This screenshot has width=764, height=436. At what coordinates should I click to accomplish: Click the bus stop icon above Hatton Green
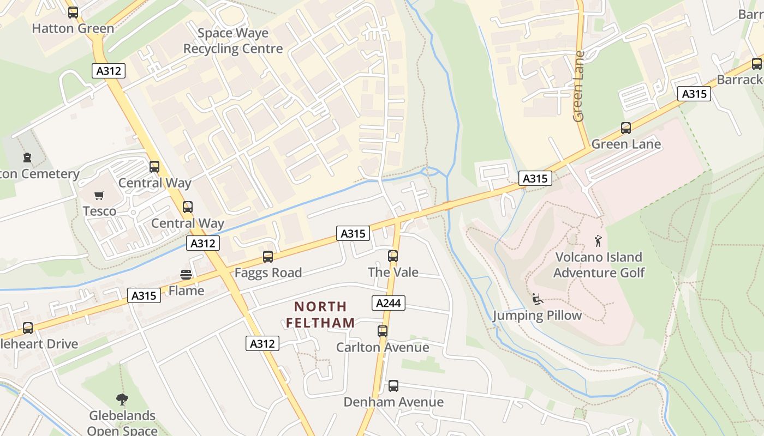point(73,13)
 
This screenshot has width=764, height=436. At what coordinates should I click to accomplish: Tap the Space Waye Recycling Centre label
point(233,41)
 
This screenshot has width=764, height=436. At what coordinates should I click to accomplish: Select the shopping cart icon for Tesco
point(99,196)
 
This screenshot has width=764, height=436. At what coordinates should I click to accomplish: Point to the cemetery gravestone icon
point(27,159)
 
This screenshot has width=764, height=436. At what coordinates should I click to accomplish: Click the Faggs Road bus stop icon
point(267,257)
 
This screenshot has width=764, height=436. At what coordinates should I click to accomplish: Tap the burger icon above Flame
point(186,275)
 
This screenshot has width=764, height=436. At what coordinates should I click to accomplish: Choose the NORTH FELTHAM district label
point(320,314)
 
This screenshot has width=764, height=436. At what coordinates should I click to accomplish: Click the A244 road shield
point(389,303)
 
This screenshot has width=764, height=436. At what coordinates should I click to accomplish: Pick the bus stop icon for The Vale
point(393,256)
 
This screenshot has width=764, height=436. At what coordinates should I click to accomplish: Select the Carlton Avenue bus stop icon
point(383,331)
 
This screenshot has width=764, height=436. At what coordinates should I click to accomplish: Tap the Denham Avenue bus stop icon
point(393,386)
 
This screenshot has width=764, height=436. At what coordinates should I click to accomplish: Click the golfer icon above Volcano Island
point(599,240)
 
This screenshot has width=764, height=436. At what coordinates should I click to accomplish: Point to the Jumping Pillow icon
point(537,299)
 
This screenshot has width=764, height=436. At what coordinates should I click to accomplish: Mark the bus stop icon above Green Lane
point(626,128)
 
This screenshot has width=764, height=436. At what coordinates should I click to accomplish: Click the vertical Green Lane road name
point(579,86)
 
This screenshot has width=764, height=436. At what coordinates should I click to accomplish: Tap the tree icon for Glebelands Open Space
point(122,399)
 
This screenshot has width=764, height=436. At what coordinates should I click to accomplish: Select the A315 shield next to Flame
point(144,295)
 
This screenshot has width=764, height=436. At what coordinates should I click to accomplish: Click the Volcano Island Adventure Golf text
point(599,265)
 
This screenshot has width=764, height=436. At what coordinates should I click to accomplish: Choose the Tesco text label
point(99,211)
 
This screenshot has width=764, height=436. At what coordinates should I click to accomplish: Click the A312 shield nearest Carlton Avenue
point(262,343)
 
